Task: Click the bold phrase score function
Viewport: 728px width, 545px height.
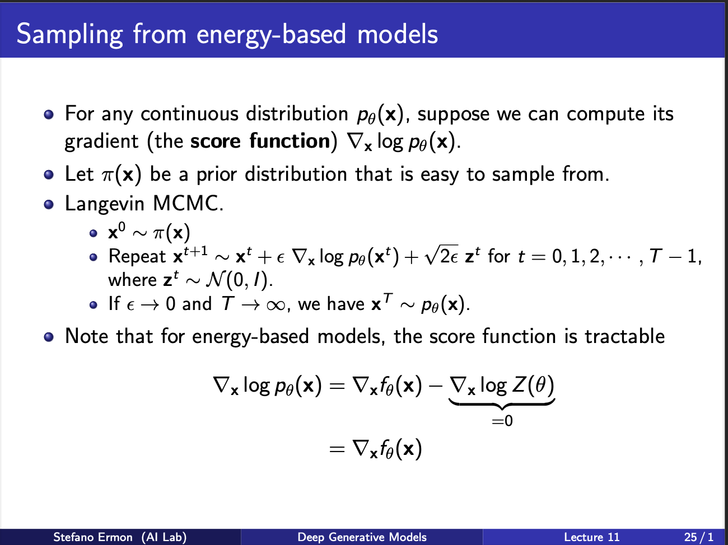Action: click(x=260, y=141)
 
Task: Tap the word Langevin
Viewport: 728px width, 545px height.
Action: click(x=105, y=204)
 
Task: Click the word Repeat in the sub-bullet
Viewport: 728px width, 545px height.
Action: click(x=137, y=257)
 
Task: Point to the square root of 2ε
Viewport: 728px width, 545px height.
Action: click(x=441, y=255)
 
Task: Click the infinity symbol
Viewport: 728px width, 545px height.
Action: click(x=276, y=305)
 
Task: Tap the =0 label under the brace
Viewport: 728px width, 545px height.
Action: click(x=502, y=421)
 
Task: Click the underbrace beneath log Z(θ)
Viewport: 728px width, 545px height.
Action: click(x=502, y=404)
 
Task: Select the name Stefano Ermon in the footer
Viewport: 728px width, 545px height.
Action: click(x=93, y=537)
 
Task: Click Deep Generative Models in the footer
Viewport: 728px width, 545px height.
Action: click(x=362, y=537)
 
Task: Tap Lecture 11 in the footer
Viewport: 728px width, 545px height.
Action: click(x=592, y=537)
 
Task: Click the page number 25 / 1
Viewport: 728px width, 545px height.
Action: click(x=698, y=537)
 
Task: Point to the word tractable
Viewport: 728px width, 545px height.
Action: click(x=624, y=336)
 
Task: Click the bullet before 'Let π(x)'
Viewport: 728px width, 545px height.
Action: click(x=49, y=175)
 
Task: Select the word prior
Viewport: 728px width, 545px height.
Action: click(x=217, y=175)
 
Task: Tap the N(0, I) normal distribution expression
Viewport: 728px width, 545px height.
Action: click(x=236, y=280)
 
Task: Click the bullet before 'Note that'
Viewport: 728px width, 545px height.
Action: click(x=49, y=337)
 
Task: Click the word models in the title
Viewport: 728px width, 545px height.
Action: click(x=398, y=35)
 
